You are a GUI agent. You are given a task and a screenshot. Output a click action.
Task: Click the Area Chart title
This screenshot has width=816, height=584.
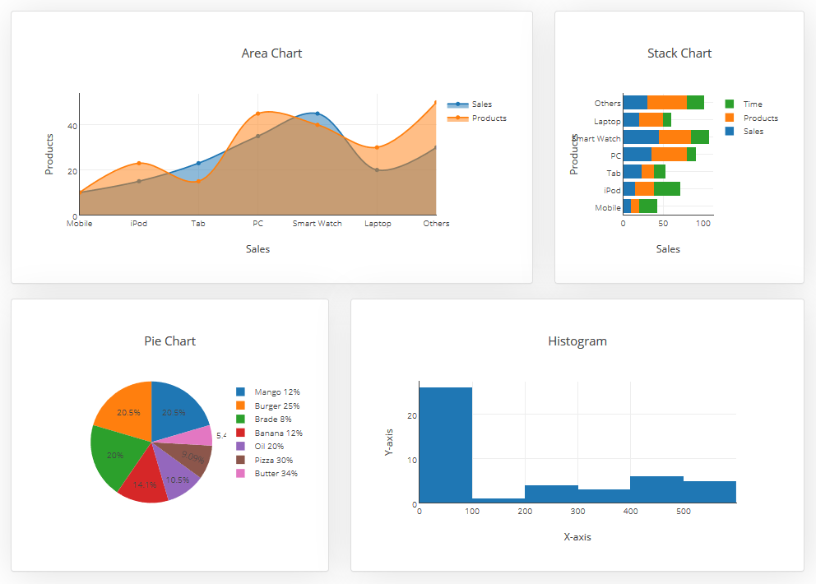[271, 53]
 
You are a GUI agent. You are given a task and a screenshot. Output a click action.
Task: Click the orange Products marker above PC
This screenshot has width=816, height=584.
[257, 114]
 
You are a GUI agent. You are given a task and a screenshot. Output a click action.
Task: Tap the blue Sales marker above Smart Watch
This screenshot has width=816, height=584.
[318, 114]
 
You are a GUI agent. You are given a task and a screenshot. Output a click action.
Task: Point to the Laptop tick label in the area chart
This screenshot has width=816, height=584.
[378, 224]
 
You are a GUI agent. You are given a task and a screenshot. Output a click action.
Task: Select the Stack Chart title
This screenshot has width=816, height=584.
[679, 53]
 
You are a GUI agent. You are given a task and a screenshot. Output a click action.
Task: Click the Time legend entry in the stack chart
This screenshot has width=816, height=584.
[752, 104]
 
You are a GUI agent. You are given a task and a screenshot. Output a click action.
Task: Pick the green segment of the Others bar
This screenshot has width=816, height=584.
[695, 103]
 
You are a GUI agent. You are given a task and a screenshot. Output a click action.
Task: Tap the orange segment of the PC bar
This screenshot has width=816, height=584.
[669, 155]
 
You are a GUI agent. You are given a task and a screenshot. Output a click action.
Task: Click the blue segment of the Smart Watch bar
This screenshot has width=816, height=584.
[641, 137]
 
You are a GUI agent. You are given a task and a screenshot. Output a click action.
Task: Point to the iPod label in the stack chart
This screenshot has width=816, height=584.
[613, 190]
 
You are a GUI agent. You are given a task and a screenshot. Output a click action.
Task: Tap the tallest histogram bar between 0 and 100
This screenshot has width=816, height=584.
[445, 444]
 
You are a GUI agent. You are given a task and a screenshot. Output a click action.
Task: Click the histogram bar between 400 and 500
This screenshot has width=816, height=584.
[656, 489]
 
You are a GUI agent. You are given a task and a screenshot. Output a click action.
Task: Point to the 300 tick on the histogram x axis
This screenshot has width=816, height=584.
[577, 511]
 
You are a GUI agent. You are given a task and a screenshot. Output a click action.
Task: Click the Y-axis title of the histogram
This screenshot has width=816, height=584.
[389, 442]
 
